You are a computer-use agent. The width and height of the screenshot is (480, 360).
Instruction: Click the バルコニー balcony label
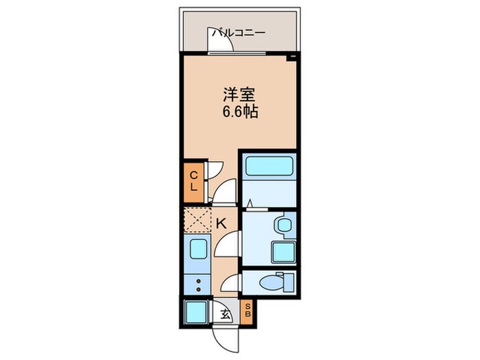[238, 32]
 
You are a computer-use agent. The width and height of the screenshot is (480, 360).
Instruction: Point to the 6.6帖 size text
[239, 112]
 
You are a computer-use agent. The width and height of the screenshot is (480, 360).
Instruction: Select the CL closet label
[193, 180]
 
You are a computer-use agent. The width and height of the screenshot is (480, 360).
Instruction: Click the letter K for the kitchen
[221, 222]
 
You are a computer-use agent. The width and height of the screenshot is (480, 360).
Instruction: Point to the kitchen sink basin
[197, 252]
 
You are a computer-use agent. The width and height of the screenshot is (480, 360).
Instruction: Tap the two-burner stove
[197, 283]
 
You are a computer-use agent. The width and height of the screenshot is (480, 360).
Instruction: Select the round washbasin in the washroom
[282, 226]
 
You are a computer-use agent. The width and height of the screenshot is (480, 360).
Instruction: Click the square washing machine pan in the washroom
[283, 252]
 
